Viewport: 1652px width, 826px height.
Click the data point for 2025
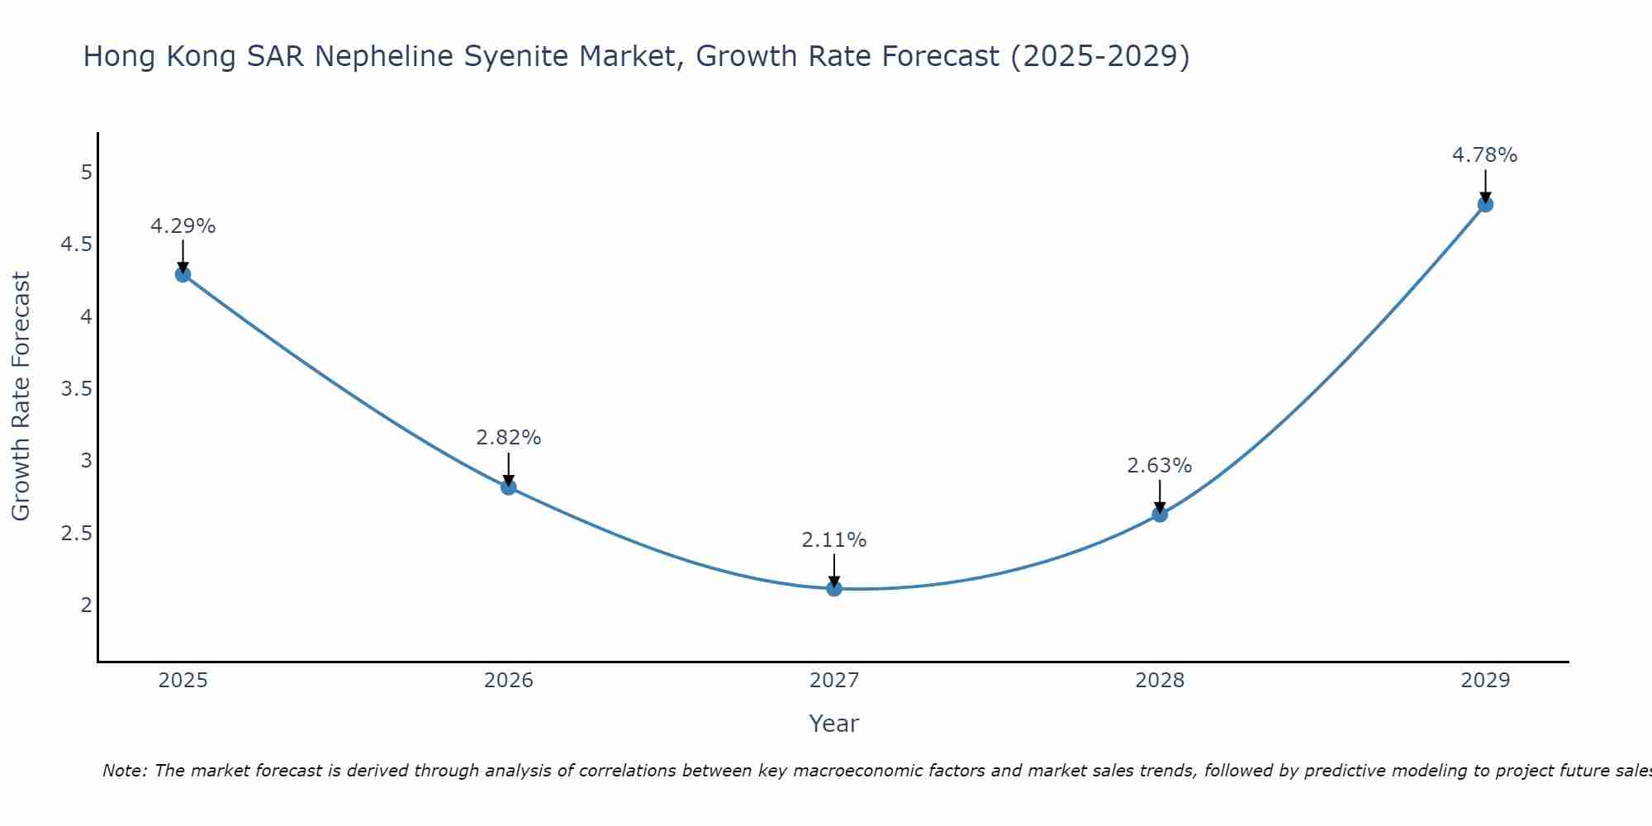click(183, 274)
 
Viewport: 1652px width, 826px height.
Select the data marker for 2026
click(509, 487)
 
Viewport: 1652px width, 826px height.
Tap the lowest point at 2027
click(834, 589)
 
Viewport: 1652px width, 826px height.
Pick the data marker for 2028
click(1160, 515)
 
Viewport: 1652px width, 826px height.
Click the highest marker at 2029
click(1485, 204)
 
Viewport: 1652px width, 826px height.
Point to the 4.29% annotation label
click(183, 226)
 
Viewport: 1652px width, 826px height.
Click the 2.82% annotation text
click(509, 438)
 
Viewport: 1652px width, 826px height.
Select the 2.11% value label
click(834, 540)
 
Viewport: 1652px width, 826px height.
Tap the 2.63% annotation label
click(1160, 466)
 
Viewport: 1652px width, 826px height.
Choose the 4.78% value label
click(1485, 155)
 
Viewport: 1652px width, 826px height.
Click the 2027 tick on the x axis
click(834, 681)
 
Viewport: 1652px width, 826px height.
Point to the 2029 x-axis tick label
click(1485, 681)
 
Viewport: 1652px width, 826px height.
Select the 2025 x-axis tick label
click(183, 681)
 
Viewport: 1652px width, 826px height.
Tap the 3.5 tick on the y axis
click(76, 389)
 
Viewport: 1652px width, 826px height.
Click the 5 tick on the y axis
click(86, 173)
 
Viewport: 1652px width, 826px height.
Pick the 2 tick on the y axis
click(86, 605)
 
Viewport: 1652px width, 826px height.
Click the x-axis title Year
click(834, 724)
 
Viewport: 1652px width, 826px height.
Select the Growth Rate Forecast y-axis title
click(21, 396)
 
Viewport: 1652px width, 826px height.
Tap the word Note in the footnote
click(124, 771)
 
